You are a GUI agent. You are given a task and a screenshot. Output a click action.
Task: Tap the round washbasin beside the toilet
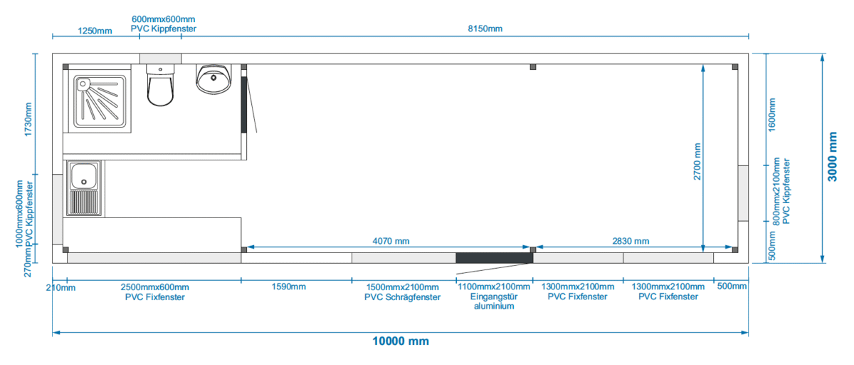[213, 79]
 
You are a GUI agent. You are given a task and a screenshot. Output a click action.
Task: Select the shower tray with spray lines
[100, 101]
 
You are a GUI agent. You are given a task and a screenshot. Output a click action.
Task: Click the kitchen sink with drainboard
[84, 189]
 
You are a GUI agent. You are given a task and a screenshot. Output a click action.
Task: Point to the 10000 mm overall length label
[400, 341]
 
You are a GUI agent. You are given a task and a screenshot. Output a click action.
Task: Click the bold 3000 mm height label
[832, 157]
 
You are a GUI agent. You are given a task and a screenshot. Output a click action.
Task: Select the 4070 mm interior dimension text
[391, 241]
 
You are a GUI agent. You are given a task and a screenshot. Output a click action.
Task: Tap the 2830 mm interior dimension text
[631, 241]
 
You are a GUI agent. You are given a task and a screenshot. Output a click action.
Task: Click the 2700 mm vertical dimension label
[697, 162]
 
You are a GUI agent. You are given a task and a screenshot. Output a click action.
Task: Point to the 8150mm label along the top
[485, 29]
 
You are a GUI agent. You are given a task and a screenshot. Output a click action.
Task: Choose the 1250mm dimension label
[95, 31]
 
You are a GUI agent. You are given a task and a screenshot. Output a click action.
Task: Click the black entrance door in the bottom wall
[494, 258]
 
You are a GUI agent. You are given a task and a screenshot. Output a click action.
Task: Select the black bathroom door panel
[243, 105]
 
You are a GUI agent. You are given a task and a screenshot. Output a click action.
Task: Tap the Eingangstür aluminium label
[494, 302]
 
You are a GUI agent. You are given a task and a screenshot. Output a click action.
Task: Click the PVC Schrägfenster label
[402, 297]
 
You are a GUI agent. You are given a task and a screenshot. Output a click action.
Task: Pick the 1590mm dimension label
[289, 287]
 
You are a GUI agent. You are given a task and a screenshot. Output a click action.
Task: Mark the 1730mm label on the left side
[28, 120]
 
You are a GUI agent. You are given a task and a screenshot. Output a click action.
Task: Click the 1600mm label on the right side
[771, 115]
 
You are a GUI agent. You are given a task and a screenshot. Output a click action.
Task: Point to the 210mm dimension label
[60, 288]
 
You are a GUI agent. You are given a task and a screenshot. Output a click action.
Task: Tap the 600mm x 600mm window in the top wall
[160, 58]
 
